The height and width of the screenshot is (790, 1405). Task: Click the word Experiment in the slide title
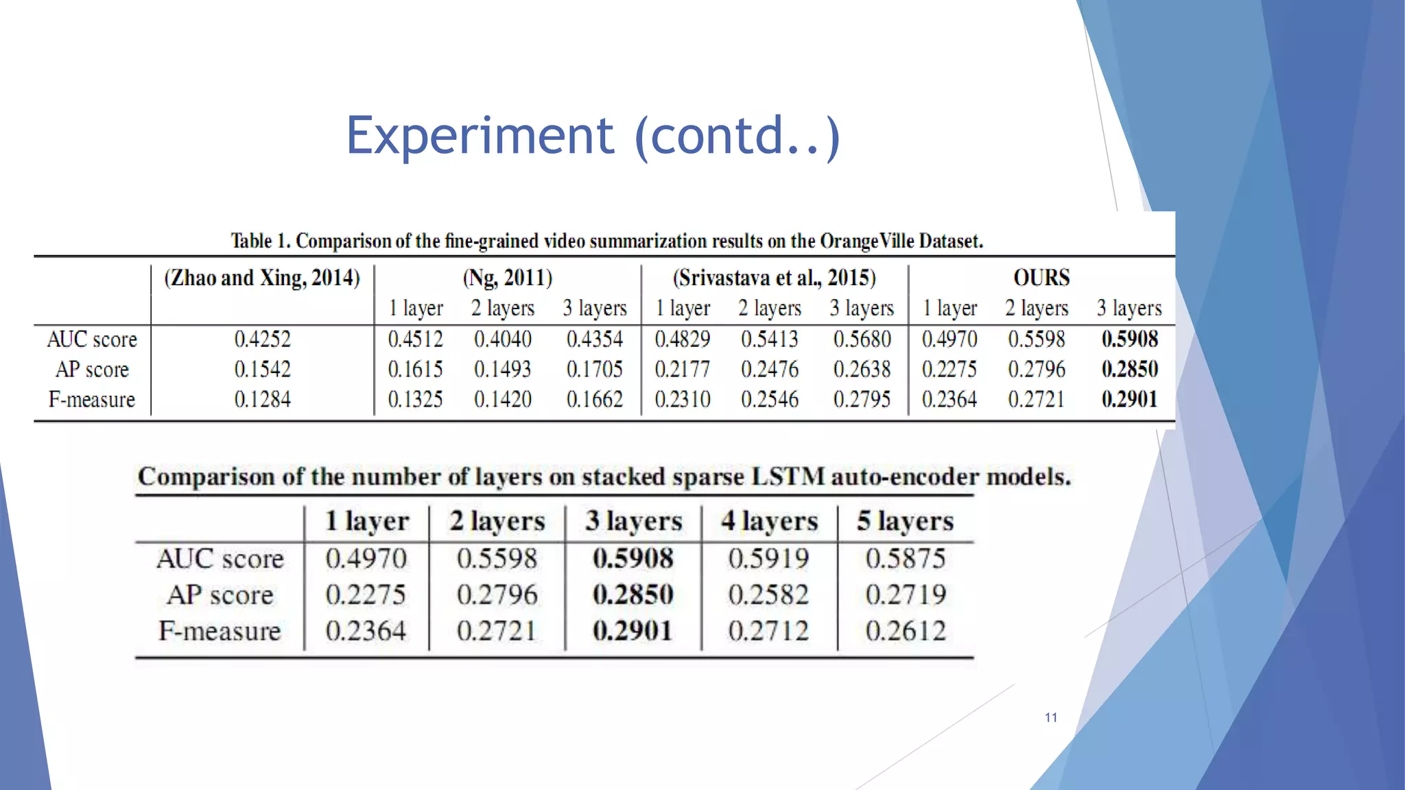[x=480, y=136]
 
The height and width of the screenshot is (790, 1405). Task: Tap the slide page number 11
[x=1050, y=717]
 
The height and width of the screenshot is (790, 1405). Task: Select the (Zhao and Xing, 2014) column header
[x=261, y=278]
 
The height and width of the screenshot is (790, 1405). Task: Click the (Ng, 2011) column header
[x=507, y=278]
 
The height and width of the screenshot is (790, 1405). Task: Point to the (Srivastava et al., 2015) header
[x=774, y=278]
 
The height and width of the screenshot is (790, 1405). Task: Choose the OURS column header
[x=1041, y=278]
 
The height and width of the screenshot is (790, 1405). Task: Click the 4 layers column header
[x=769, y=521]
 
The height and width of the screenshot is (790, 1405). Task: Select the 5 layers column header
[x=905, y=521]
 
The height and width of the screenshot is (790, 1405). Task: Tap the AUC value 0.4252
[x=262, y=339]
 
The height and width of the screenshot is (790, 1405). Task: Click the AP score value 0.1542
[x=262, y=369]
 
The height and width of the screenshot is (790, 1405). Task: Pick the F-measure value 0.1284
[x=262, y=399]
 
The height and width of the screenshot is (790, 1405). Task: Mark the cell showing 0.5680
[x=862, y=339]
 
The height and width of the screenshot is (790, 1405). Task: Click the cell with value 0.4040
[x=502, y=339]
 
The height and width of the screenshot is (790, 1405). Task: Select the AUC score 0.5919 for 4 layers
[x=768, y=558]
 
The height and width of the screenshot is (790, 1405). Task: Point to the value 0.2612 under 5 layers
[x=906, y=630]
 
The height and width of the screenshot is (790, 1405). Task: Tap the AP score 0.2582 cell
[x=768, y=595]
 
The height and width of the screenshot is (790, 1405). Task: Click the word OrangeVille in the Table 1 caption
[x=867, y=241]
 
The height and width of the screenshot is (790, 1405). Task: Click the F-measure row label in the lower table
[x=220, y=631]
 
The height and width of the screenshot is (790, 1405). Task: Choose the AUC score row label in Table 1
[x=92, y=339]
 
